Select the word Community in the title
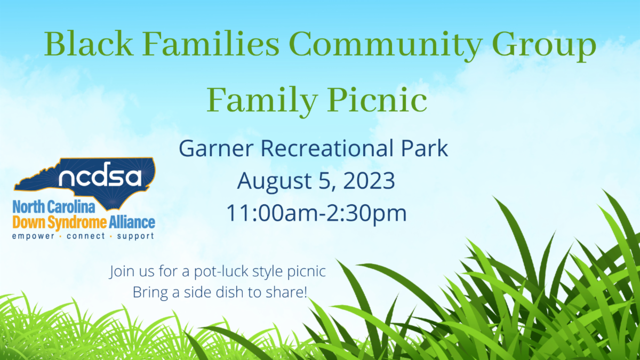point(386,46)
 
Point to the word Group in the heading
point(545,46)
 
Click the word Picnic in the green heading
point(377,100)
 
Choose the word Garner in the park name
point(217,149)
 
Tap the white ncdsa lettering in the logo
point(100,174)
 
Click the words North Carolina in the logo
point(54,206)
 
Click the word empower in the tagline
point(33,236)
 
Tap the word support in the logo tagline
point(135,236)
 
